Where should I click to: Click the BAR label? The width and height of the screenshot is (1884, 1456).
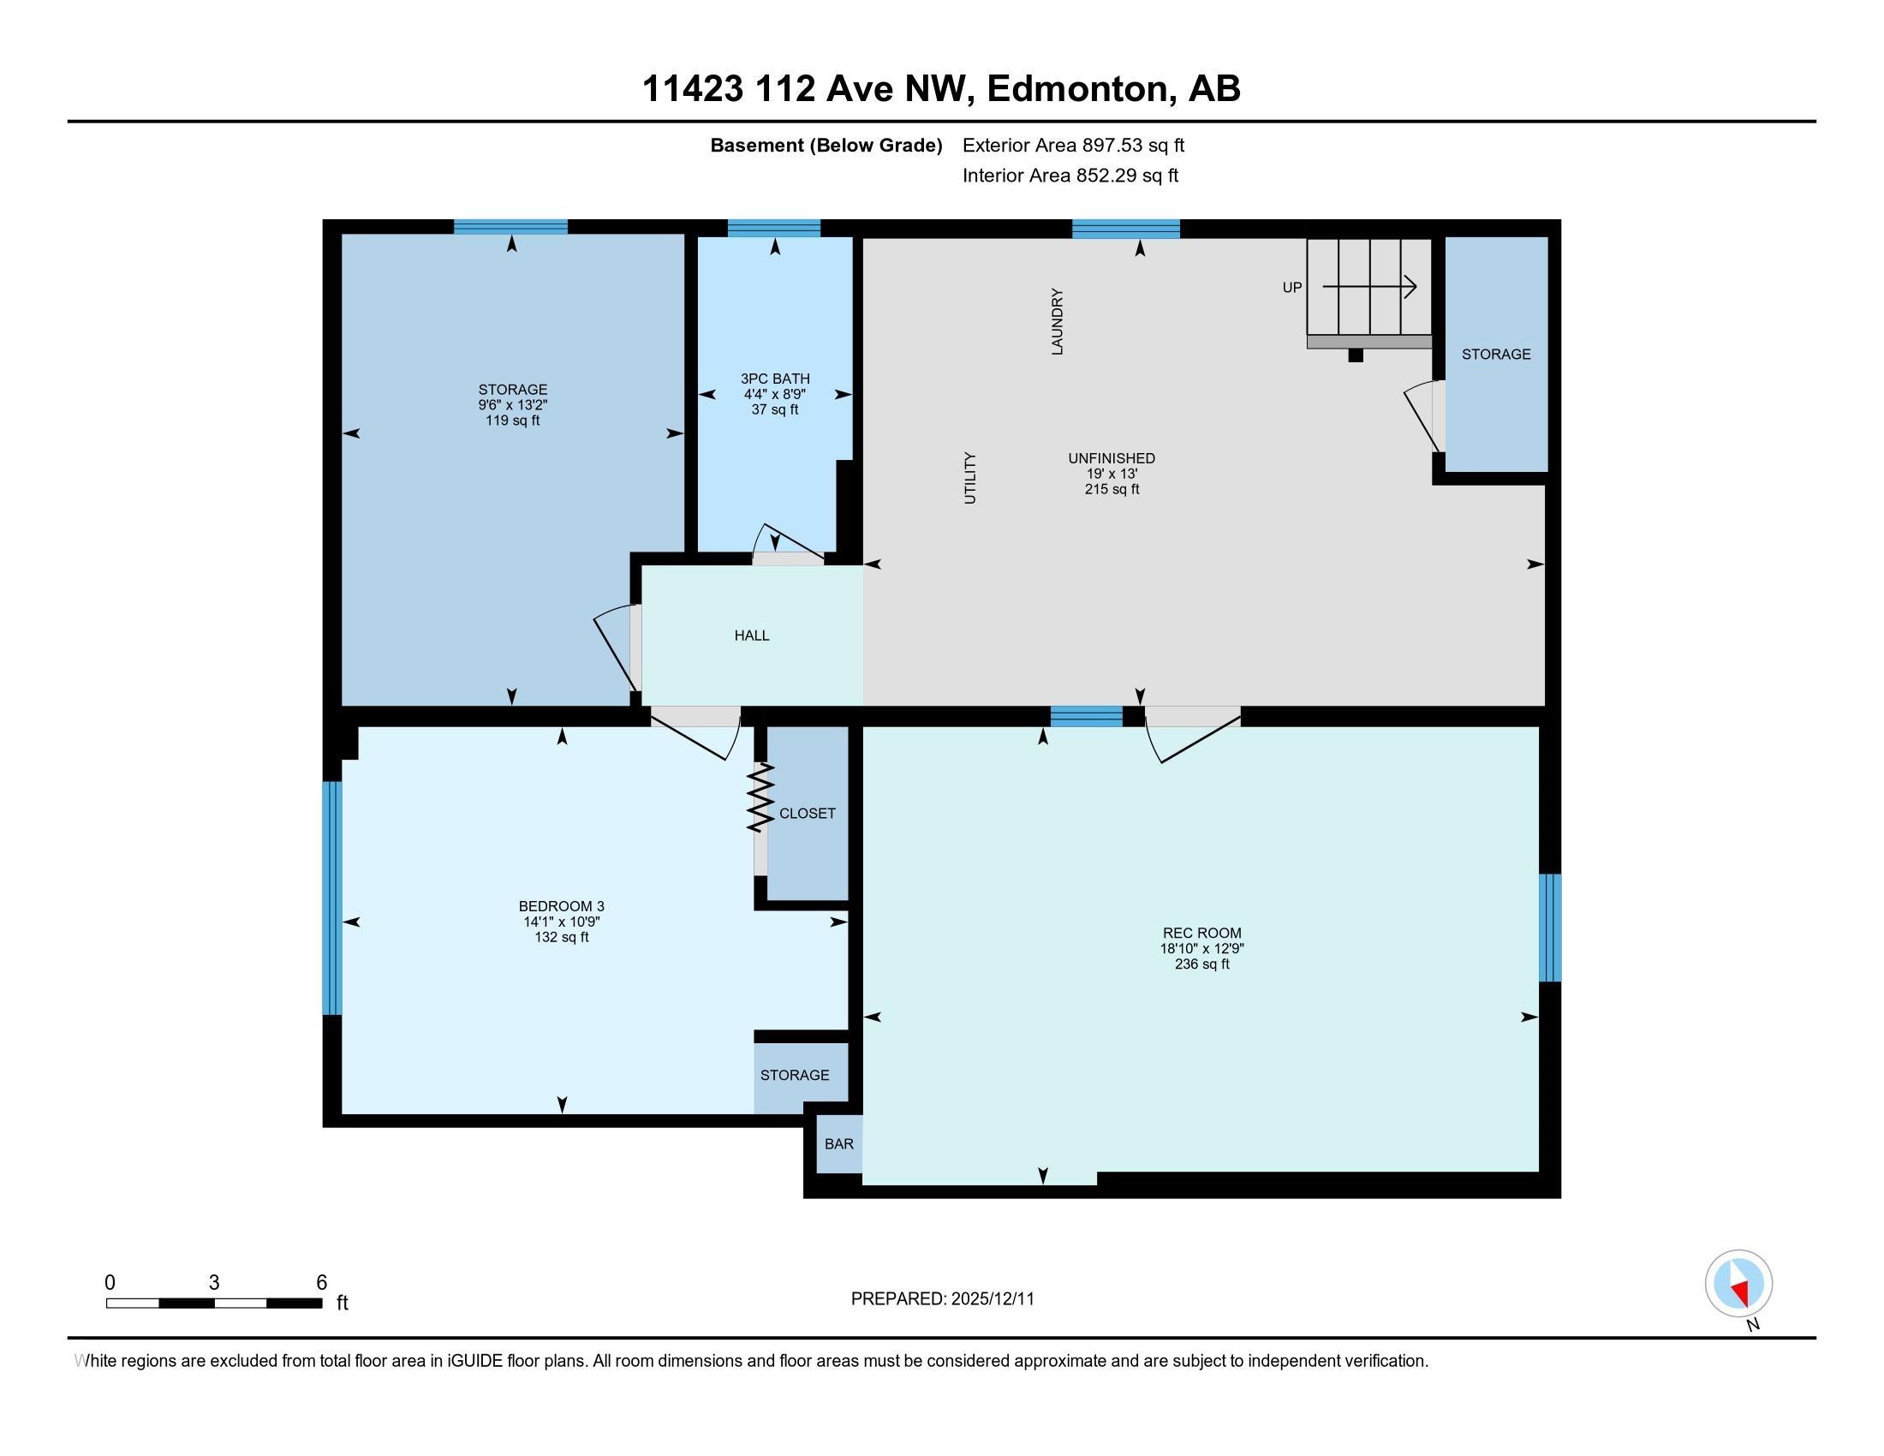point(838,1143)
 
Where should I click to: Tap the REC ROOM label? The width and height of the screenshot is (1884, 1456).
point(1201,933)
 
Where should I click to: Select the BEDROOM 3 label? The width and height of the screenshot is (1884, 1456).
point(562,905)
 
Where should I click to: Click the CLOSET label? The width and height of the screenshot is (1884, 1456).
point(808,813)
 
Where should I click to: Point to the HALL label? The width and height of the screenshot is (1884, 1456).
point(751,635)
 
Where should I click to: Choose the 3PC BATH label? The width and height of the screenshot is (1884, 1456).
point(775,378)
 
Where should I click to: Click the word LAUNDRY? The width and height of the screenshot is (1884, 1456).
point(1057,322)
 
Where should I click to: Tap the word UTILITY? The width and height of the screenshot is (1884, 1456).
point(969,478)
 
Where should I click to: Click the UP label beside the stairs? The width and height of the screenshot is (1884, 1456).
point(1291,287)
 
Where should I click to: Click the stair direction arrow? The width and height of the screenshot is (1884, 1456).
point(1370,286)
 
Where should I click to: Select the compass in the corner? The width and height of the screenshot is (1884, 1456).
point(1738,1283)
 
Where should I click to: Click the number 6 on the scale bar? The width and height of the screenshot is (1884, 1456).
point(322,1282)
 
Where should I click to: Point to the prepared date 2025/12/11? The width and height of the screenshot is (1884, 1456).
point(992,1298)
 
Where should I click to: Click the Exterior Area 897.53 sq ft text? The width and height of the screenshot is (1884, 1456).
point(1073,145)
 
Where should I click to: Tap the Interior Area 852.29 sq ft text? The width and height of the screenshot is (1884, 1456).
point(1070,175)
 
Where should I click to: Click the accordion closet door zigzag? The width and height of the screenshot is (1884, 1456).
point(760,798)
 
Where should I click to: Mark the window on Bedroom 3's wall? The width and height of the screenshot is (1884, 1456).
point(332,898)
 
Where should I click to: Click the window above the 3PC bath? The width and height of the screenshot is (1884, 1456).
point(774,228)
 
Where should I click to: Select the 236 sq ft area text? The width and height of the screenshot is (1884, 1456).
point(1201,964)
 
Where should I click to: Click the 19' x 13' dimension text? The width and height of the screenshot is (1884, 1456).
point(1111,474)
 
